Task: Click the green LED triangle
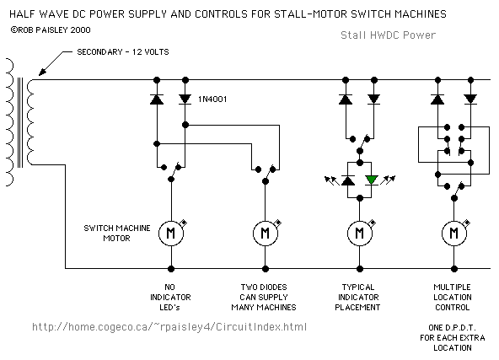click(x=372, y=180)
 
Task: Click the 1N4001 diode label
click(x=212, y=99)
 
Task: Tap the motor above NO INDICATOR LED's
click(x=171, y=234)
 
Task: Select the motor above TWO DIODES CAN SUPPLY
click(x=266, y=234)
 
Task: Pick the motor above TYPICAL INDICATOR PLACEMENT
click(x=360, y=234)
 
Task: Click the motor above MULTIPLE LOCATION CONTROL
click(x=454, y=234)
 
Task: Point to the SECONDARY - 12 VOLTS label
click(x=123, y=52)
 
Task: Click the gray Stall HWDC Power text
click(x=388, y=35)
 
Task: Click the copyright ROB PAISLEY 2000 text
click(x=51, y=30)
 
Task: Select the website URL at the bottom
click(x=169, y=327)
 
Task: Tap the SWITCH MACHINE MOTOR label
click(x=117, y=233)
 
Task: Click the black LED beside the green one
click(x=348, y=180)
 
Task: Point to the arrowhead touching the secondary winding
click(x=41, y=73)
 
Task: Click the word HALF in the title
click(x=23, y=14)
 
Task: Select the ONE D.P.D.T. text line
click(x=452, y=327)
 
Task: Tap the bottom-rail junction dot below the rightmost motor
click(x=454, y=269)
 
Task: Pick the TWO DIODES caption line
click(x=264, y=287)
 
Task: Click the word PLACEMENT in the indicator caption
click(x=357, y=308)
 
